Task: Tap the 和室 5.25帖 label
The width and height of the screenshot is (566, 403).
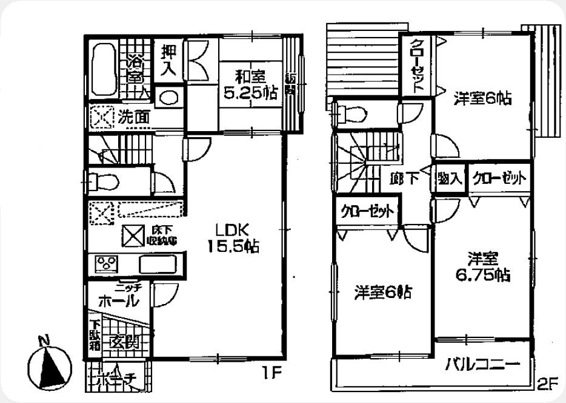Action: tap(250, 85)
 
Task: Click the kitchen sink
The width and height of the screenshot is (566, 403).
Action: tap(158, 264)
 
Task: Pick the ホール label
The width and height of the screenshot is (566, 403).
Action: tap(118, 300)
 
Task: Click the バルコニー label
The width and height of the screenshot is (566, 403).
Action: tap(483, 365)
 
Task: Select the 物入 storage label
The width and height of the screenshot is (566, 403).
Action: tap(450, 178)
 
